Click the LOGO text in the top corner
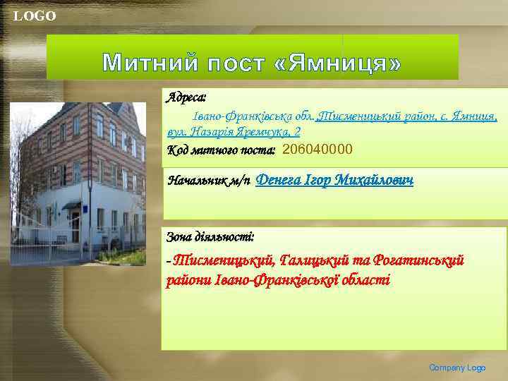point(35,16)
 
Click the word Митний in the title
point(150,64)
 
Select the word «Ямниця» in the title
point(335,64)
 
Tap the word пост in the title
point(236,64)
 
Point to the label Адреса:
point(186,95)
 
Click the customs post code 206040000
point(317,150)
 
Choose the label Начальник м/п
point(208,181)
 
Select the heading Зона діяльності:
point(210,236)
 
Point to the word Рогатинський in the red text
point(415,261)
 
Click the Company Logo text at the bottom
point(458,368)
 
